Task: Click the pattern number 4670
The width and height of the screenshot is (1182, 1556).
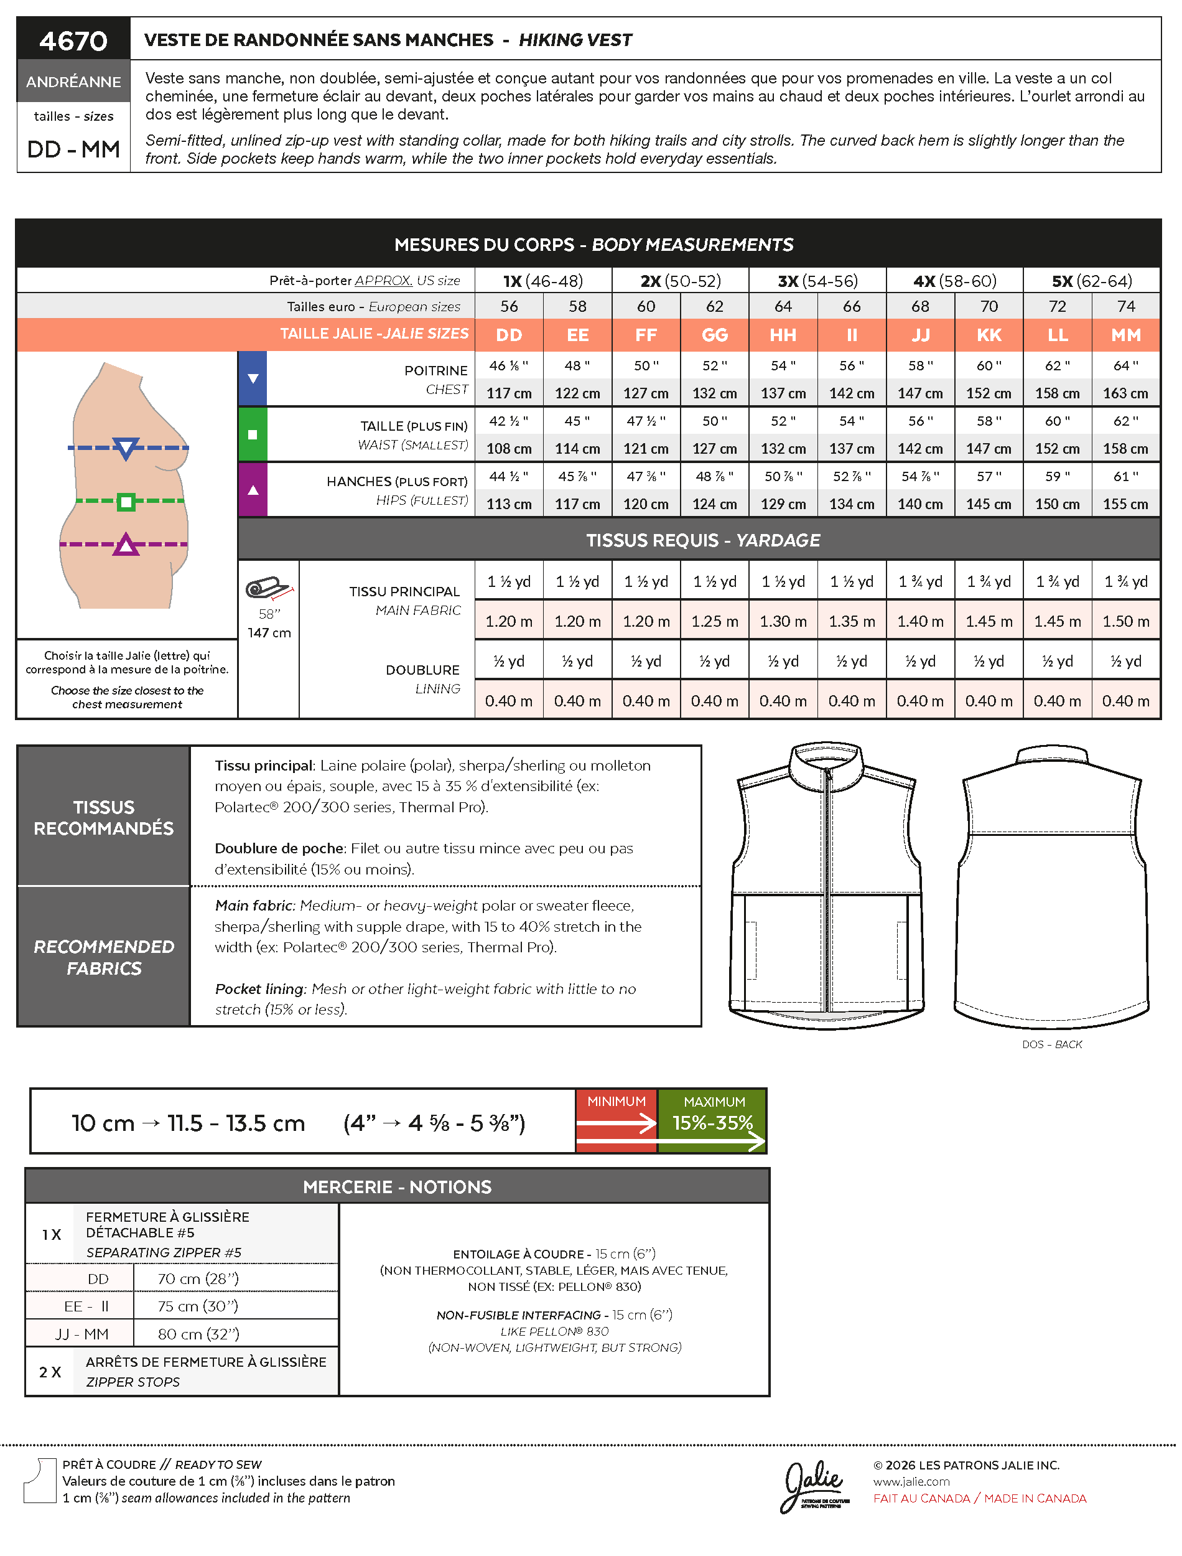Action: coord(73,41)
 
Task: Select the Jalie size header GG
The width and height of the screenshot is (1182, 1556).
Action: coord(714,335)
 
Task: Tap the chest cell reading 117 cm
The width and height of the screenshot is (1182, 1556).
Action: coord(509,393)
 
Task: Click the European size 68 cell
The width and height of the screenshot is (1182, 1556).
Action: coord(919,306)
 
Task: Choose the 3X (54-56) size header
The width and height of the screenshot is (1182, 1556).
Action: coord(817,281)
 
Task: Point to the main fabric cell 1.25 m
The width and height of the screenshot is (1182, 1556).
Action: coord(714,621)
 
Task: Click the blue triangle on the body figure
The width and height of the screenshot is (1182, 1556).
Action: coord(126,448)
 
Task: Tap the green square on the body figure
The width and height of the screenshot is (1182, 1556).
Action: coord(126,502)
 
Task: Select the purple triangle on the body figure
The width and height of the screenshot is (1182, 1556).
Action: coord(126,545)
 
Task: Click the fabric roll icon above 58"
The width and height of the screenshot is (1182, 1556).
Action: coord(268,588)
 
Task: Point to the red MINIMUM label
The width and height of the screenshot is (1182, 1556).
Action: coord(617,1102)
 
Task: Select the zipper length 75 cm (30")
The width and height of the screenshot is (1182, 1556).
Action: coord(198,1306)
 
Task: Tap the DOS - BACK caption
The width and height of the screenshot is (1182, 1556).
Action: coord(1052,1044)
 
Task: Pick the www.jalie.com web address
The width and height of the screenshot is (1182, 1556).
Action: coord(911,1481)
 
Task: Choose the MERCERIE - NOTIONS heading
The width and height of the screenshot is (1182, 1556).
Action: coord(397,1188)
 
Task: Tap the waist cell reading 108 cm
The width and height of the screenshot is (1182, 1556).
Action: coord(509,449)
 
